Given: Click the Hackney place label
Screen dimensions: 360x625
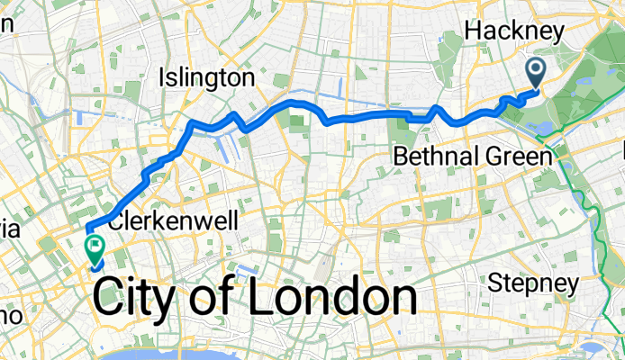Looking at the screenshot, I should click(513, 32).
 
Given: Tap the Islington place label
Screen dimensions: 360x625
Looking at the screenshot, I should click(205, 78).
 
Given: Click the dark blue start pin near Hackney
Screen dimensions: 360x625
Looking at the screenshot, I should click(535, 70).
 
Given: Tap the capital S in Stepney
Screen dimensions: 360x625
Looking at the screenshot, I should click(495, 283).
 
